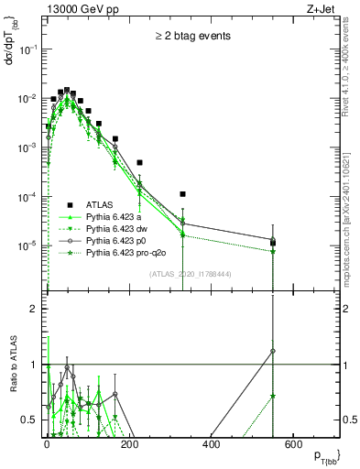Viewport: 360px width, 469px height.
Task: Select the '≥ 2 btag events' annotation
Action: (191, 36)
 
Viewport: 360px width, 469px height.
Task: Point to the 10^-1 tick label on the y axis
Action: (28, 49)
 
